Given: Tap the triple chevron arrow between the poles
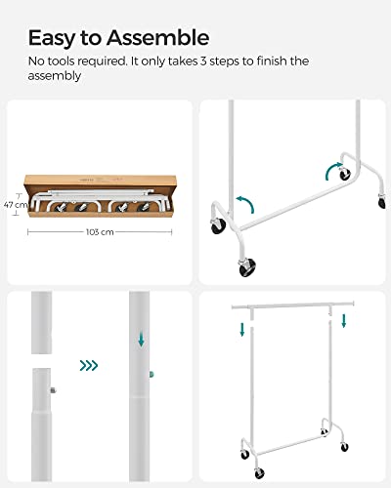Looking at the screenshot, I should pyautogui.click(x=89, y=366).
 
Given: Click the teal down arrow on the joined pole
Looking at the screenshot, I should pyautogui.click(x=141, y=341).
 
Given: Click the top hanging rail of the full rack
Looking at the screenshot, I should pyautogui.click(x=293, y=305).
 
